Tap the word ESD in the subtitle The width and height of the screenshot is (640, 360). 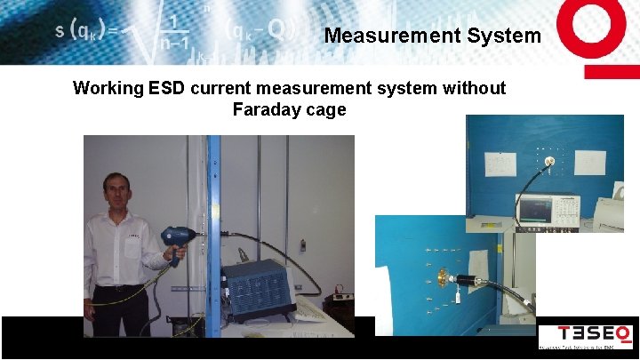(167, 88)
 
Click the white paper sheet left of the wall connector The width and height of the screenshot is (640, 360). (500, 164)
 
